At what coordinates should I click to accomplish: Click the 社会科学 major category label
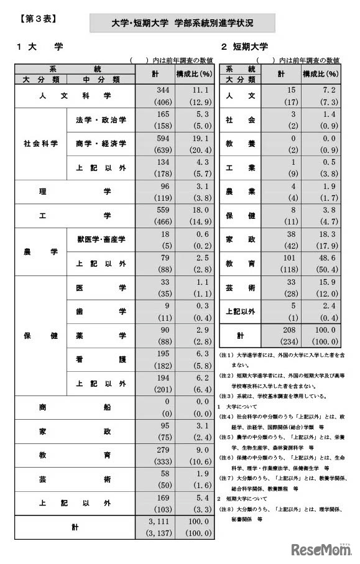pyautogui.click(x=40, y=143)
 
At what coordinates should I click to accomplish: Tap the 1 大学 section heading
pyautogui.click(x=40, y=47)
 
